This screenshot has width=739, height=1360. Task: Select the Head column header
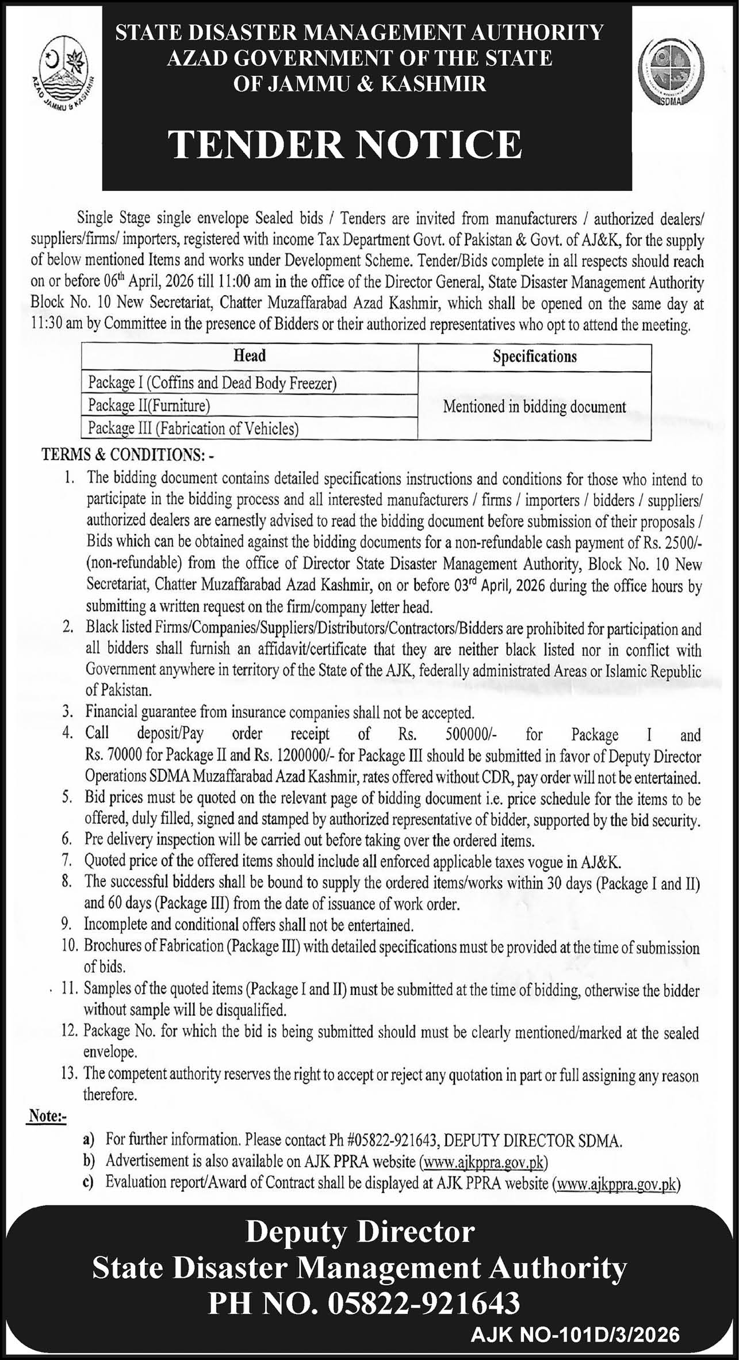[250, 356]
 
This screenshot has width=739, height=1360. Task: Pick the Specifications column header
[534, 357]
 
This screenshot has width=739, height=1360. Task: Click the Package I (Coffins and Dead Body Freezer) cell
[212, 383]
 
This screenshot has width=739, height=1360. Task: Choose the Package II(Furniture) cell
[149, 406]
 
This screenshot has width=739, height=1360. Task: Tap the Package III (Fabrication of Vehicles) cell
[193, 429]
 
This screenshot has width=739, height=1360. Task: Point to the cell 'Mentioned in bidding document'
[534, 407]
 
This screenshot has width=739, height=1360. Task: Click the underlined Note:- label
[47, 1117]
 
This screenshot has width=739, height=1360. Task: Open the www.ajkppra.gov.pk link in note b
[484, 1162]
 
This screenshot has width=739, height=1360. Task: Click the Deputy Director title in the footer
[361, 1232]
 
